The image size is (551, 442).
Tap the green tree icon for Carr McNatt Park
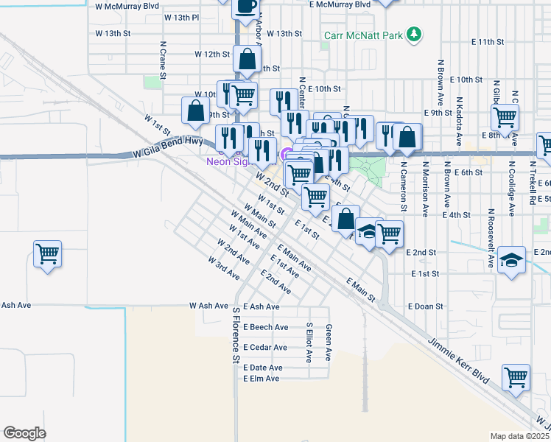[x=415, y=33]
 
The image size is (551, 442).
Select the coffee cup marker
[x=245, y=7]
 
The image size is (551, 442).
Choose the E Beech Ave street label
[x=265, y=327]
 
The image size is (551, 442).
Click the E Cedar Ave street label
[x=264, y=348]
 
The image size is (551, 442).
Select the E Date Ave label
[x=262, y=368]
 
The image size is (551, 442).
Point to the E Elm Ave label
[x=262, y=379]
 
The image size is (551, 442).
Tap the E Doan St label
[x=425, y=306]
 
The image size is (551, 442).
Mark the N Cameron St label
[x=404, y=188]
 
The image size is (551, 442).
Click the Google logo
[x=24, y=432]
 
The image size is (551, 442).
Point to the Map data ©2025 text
[x=520, y=436]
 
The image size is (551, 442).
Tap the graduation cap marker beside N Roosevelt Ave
[x=512, y=261]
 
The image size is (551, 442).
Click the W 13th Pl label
[x=182, y=17]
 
